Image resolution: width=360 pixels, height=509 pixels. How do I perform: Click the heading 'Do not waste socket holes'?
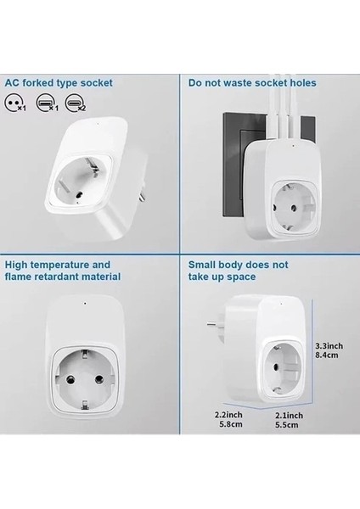253,83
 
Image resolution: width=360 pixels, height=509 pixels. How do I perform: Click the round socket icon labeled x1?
14,103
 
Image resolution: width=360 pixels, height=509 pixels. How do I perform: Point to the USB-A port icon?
50,103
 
